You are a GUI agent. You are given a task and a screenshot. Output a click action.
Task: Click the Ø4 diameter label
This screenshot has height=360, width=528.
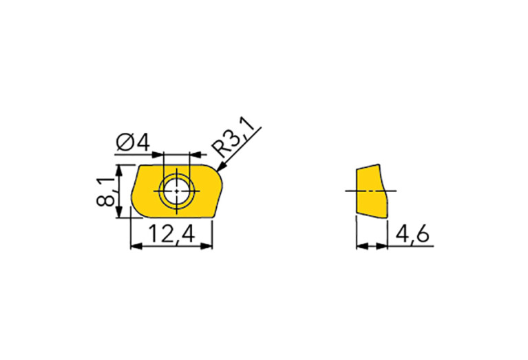(x=133, y=142)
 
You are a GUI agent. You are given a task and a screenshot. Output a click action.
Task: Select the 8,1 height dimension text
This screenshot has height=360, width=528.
(x=107, y=191)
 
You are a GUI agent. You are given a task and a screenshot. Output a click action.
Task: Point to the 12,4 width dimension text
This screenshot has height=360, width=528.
(x=171, y=234)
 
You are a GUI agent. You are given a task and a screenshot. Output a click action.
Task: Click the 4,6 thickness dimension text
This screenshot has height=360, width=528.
(x=412, y=234)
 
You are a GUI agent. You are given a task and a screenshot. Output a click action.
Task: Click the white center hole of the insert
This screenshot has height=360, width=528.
(x=177, y=191)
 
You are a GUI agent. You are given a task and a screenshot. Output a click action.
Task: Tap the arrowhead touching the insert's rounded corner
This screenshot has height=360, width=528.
(x=222, y=167)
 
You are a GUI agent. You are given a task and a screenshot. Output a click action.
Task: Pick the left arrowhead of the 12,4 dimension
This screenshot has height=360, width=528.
(x=136, y=246)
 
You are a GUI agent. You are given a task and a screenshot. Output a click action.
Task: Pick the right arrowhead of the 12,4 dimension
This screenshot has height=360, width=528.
(x=207, y=246)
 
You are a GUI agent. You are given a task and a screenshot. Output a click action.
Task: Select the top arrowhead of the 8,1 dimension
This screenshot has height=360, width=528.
(x=118, y=171)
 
